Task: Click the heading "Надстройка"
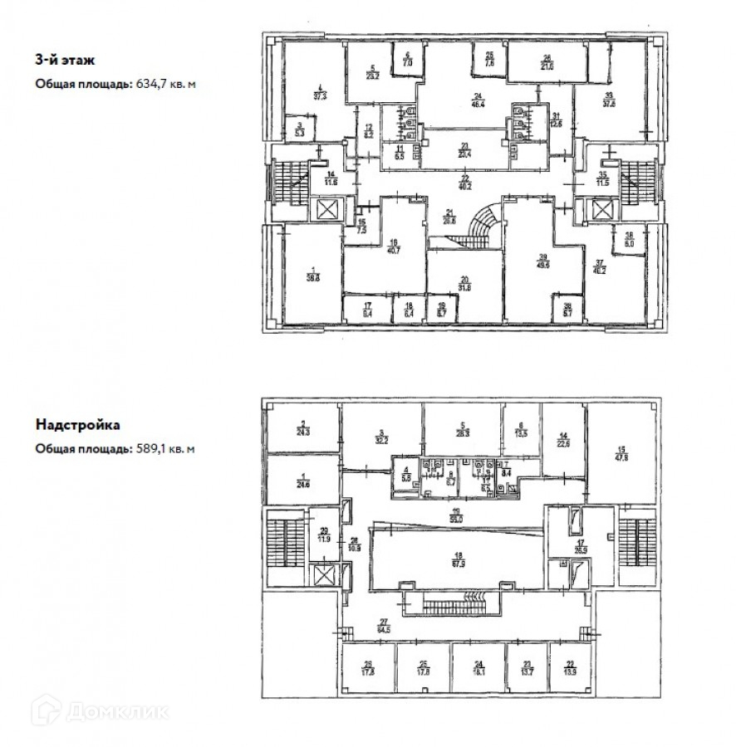tap(78, 425)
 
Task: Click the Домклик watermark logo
tap(99, 711)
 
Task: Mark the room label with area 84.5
tap(384, 627)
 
